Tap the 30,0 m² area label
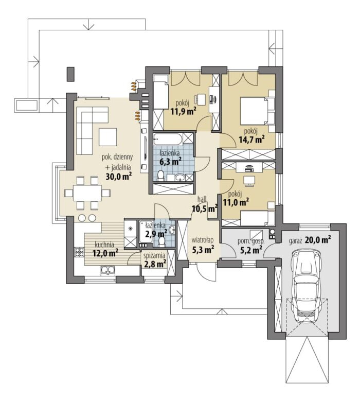coord(119,176)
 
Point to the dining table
coord(87,193)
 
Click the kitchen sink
coord(108,270)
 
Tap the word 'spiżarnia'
coord(154,255)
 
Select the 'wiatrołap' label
coord(203,240)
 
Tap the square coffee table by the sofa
coord(108,137)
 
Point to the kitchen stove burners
coord(79,252)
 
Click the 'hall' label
coord(202,199)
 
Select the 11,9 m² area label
coord(184,111)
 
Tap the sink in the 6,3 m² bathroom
coord(181,177)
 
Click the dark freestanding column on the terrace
coord(70,74)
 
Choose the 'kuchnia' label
coord(104,245)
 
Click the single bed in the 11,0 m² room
coord(258,219)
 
